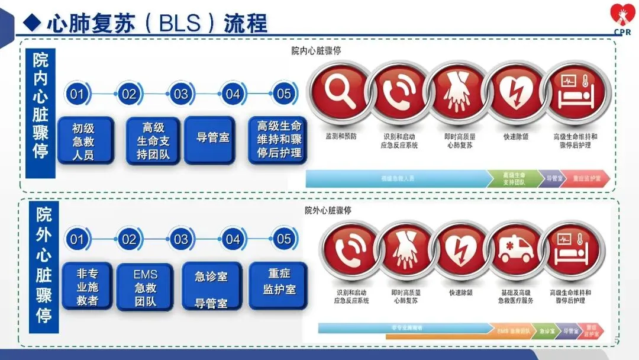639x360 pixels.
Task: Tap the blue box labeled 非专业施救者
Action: [x=86, y=287]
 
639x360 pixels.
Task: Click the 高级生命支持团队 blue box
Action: [x=153, y=141]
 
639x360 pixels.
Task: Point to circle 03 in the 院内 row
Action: [x=180, y=94]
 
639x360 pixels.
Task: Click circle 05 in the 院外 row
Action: [x=285, y=239]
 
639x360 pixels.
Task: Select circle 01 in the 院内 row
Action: [x=77, y=94]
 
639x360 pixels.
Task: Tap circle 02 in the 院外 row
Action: [x=129, y=239]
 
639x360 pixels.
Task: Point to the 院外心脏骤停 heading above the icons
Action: [x=328, y=211]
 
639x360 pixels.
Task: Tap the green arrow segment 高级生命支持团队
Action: [x=513, y=178]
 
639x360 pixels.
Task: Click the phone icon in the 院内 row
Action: [x=399, y=93]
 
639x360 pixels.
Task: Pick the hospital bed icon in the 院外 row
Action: [x=572, y=250]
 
